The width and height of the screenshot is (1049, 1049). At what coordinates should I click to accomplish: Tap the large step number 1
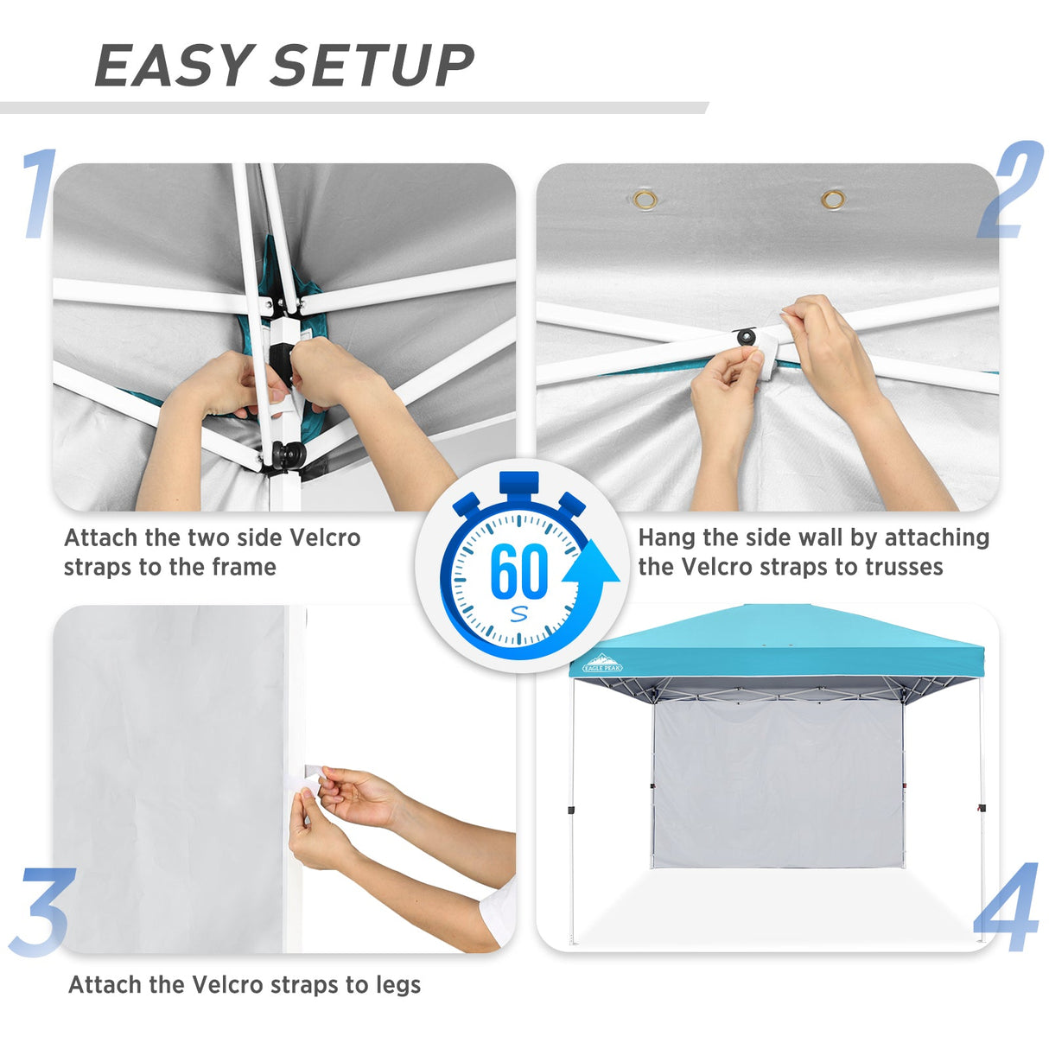pos(40,194)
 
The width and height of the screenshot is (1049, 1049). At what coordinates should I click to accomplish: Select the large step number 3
pos(41,912)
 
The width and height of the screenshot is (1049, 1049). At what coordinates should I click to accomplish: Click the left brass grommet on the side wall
pos(645,200)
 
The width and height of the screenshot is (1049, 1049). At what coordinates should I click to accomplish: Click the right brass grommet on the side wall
pos(833,200)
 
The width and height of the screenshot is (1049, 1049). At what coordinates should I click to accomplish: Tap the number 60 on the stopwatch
pos(518,571)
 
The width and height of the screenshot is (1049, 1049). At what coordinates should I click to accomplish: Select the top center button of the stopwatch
pos(518,483)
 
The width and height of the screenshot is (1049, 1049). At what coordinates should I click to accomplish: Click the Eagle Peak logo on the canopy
pos(602,663)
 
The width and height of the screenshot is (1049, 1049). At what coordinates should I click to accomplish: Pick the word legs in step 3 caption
pos(398,985)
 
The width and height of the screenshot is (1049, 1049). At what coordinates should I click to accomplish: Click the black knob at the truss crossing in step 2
pos(746,336)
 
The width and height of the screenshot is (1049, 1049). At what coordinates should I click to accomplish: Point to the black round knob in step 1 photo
pos(288,455)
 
